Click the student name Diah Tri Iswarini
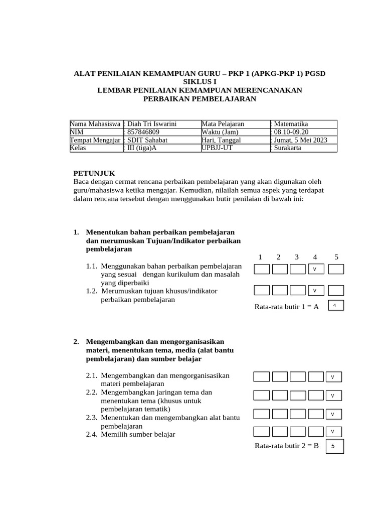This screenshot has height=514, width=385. pos(152,124)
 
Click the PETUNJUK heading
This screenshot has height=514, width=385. pos(94,173)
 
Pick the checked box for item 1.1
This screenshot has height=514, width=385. pos(315,270)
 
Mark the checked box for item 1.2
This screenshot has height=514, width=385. pos(315,290)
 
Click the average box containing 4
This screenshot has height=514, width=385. pos(335,305)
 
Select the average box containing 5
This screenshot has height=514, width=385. pos(334,446)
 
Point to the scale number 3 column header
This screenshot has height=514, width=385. pos(297,257)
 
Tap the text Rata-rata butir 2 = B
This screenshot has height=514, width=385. pos(287,446)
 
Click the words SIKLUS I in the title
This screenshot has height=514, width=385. pos(200,81)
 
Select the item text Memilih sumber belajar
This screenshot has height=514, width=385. pos(137,434)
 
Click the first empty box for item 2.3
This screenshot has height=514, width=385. pos(262,414)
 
